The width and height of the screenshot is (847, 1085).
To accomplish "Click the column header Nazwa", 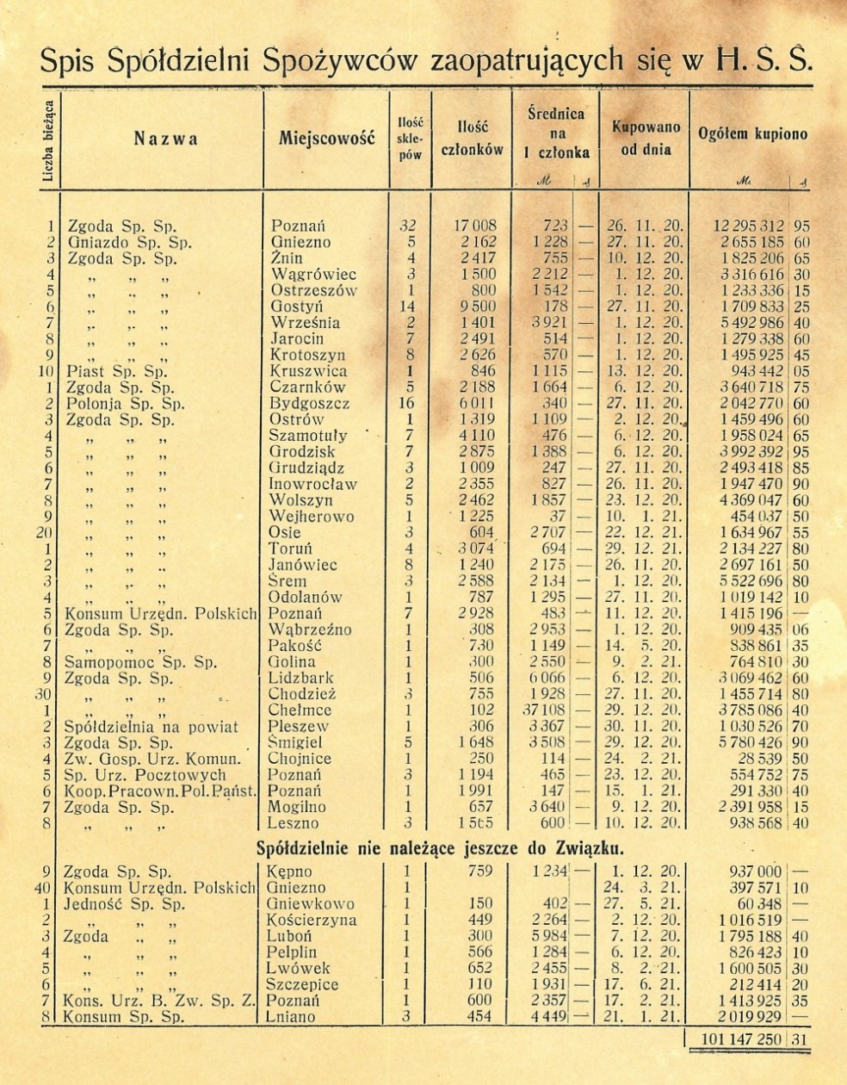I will (166, 139).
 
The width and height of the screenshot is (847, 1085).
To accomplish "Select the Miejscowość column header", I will (326, 139).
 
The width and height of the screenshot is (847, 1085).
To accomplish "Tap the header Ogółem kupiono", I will (753, 134).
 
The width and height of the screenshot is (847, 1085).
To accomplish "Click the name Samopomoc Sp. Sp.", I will (128, 662).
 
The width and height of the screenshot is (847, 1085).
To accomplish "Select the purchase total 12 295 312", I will (748, 226).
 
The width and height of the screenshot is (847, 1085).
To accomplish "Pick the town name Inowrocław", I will (312, 485).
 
